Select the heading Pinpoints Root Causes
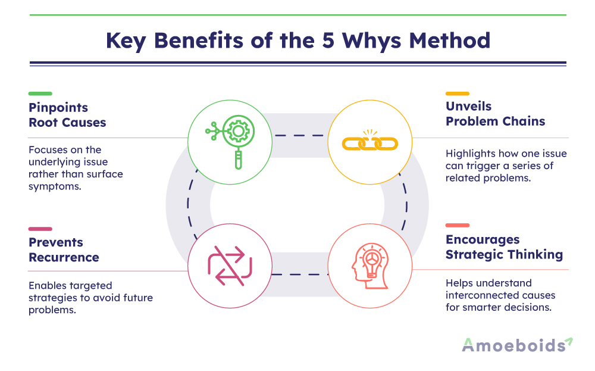[67, 115]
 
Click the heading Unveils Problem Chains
[495, 113]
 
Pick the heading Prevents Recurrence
[64, 250]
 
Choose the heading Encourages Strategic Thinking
[504, 247]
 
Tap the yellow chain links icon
[369, 142]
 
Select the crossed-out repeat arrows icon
[230, 266]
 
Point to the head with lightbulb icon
[369, 265]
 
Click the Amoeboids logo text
[513, 345]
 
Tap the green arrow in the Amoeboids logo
[569, 341]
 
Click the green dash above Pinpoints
[40, 93]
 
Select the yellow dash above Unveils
[458, 93]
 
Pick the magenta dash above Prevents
[40, 229]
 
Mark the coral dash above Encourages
[458, 226]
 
